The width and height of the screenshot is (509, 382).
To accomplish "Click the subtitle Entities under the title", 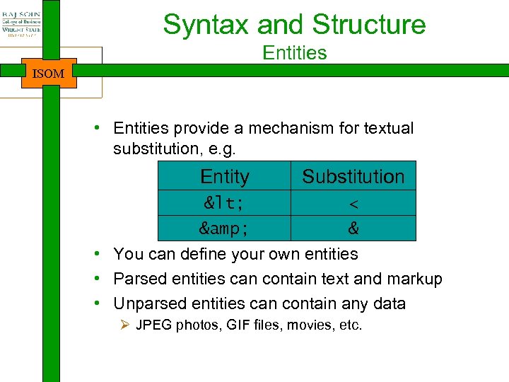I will coord(294,53).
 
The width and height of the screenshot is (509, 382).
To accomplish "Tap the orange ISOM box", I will coord(49,73).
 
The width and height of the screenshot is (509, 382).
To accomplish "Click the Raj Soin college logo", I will coord(21,25).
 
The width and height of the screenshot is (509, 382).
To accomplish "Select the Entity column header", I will coord(225,176).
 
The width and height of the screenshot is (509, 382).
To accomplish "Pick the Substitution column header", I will coord(353,176).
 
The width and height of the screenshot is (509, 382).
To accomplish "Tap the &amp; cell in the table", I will coord(225,229).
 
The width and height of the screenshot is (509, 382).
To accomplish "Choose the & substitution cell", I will coord(353,229).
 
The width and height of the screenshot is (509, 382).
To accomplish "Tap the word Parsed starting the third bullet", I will coord(139,279).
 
